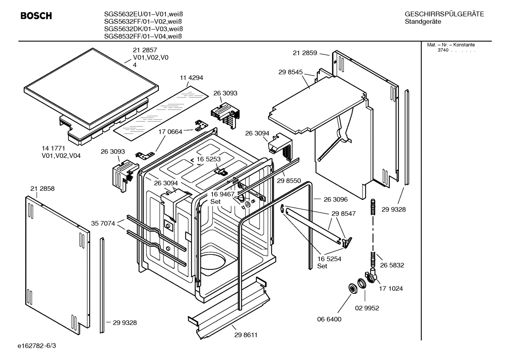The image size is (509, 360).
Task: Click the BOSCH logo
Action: pyautogui.click(x=36, y=16)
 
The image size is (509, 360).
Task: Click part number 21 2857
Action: pyautogui.click(x=145, y=50)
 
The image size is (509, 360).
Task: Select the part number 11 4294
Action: pyautogui.click(x=191, y=78)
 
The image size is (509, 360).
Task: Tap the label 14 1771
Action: pyautogui.click(x=53, y=148)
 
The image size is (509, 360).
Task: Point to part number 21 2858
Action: pyautogui.click(x=42, y=189)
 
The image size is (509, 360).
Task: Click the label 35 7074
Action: pyautogui.click(x=103, y=223)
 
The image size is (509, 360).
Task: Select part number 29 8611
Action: pyautogui.click(x=246, y=335)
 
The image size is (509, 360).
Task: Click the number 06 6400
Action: pyautogui.click(x=329, y=319)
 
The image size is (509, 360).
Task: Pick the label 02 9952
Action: pyautogui.click(x=367, y=308)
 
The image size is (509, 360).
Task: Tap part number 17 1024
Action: pyautogui.click(x=391, y=289)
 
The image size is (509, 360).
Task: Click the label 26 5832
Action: pyautogui.click(x=392, y=265)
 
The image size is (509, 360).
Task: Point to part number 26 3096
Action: pyautogui.click(x=335, y=199)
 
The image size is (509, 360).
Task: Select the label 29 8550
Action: pyautogui.click(x=289, y=181)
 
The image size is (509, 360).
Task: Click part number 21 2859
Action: pyautogui.click(x=305, y=53)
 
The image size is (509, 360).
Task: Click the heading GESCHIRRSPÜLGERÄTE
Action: pyautogui.click(x=444, y=14)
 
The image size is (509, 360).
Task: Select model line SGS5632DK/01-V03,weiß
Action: pyautogui.click(x=143, y=29)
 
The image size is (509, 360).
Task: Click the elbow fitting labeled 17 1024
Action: pyautogui.click(x=372, y=276)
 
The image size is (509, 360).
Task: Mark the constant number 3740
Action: pyautogui.click(x=443, y=50)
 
